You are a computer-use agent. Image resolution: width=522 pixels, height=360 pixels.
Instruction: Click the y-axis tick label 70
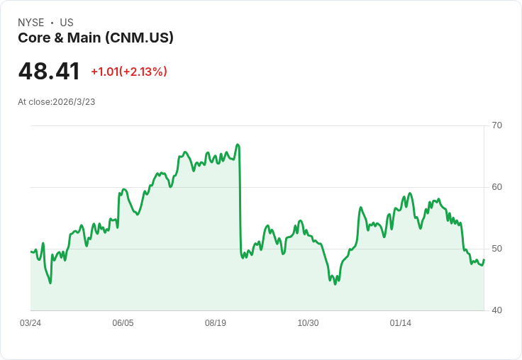pos(497,125)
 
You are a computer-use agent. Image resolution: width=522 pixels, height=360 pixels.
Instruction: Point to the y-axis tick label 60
pos(497,187)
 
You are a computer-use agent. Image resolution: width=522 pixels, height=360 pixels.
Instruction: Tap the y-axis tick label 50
pos(497,249)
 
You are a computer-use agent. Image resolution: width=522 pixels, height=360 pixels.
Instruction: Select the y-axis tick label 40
pos(497,310)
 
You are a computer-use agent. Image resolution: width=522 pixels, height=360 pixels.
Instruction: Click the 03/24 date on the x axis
pos(30,323)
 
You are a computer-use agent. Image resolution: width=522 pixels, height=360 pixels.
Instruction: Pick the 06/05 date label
pos(123,323)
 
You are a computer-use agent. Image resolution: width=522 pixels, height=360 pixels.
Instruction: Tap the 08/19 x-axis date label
pos(216,323)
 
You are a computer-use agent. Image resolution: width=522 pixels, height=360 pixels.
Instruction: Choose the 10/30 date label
pos(308,323)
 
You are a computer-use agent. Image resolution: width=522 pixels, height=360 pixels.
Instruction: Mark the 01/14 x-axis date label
pos(401,323)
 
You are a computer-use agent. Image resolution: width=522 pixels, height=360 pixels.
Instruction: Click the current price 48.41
pos(49,72)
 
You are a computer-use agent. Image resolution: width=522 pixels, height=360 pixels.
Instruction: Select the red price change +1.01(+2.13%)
pos(129,72)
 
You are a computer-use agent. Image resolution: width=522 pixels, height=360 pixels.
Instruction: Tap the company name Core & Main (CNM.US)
pos(96,38)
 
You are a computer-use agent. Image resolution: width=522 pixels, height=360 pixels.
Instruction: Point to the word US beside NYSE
pos(67,23)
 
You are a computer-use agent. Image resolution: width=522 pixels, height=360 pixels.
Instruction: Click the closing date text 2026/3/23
pos(74,102)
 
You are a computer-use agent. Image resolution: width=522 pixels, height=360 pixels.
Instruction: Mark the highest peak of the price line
pos(238,145)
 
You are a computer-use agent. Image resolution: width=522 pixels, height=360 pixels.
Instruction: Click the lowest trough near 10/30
pos(335,283)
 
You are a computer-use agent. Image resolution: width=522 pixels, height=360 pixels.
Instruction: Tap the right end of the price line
pos(484,259)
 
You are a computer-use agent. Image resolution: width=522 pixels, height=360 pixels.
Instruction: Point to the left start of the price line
pos(31,252)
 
